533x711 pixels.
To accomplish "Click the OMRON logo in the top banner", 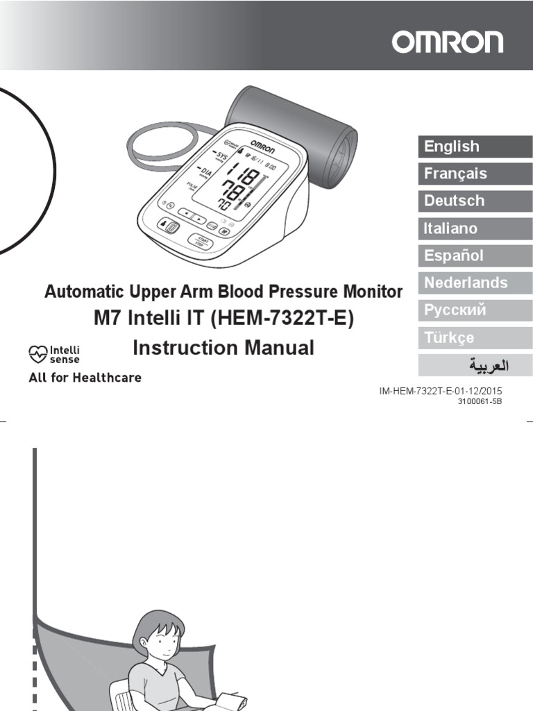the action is point(447,42).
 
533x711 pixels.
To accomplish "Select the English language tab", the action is point(475,147).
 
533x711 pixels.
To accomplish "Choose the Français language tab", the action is point(475,174).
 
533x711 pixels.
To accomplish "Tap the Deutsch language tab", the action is point(475,201).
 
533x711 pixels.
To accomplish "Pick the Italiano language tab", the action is point(475,228).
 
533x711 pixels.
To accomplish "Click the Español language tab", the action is point(475,256).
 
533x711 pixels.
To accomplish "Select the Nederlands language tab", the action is point(475,283).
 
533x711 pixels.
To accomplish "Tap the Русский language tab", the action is point(475,310).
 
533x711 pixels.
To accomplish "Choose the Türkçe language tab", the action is point(475,337).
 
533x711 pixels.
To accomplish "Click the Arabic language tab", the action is point(475,365).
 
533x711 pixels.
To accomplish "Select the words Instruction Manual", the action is point(223,348).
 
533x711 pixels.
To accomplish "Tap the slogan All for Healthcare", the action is point(85,378).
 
